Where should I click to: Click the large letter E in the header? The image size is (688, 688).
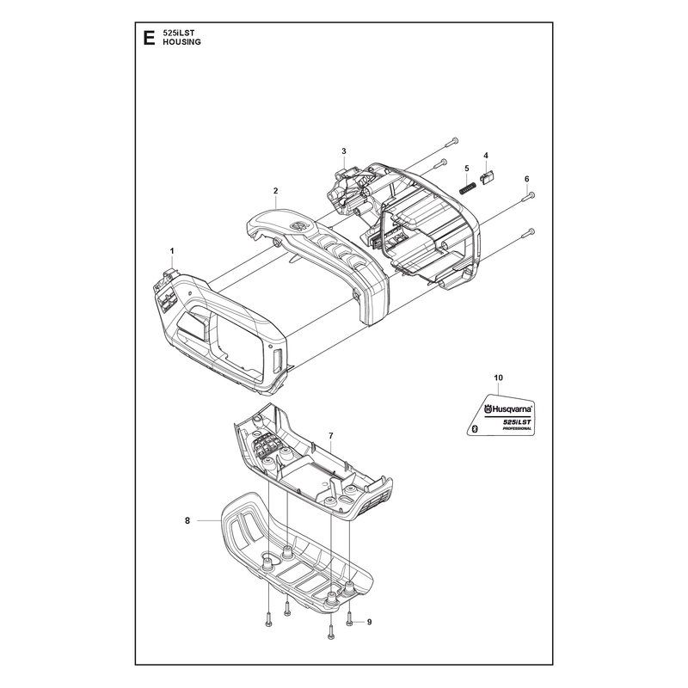(x=149, y=38)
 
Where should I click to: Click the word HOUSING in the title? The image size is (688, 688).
(x=181, y=42)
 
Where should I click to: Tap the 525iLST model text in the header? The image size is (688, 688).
(x=179, y=33)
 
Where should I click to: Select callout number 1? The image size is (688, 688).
(x=172, y=251)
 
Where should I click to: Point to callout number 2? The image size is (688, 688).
(x=275, y=191)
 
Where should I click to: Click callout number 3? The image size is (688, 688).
(x=344, y=151)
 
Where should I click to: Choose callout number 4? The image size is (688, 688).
(x=486, y=156)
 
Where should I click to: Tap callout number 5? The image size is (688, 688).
(x=467, y=169)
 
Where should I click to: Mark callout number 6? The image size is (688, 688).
(x=527, y=179)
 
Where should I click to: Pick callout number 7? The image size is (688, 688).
(x=331, y=436)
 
